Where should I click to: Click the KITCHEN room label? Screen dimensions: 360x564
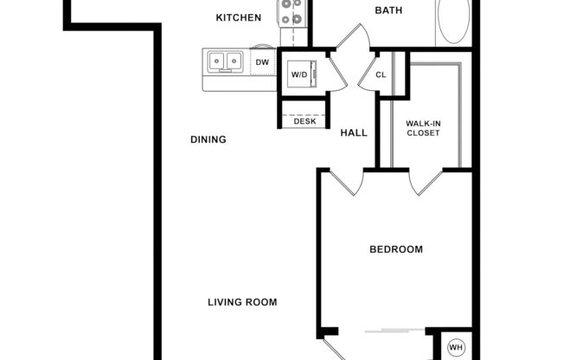click(x=238, y=17)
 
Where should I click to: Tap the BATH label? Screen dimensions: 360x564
click(x=388, y=10)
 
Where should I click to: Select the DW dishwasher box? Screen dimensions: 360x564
click(x=262, y=61)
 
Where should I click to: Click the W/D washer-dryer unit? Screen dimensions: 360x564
click(x=299, y=74)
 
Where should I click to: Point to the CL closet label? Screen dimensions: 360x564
click(x=381, y=74)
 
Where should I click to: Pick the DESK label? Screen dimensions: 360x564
click(x=304, y=121)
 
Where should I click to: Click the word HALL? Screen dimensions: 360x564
click(x=353, y=133)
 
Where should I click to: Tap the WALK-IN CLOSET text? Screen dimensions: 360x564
click(x=423, y=128)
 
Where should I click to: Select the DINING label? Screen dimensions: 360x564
click(x=208, y=139)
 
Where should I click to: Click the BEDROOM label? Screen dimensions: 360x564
click(x=396, y=249)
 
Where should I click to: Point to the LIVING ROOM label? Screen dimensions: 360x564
click(x=242, y=302)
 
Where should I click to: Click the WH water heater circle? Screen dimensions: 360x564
click(x=456, y=349)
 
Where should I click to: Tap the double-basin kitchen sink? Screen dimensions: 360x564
click(x=225, y=61)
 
